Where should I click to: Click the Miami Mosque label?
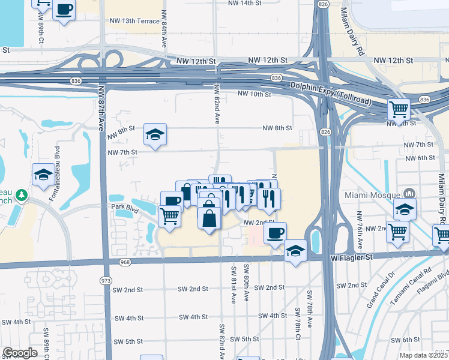pos(370,195)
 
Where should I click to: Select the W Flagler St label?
pos(352,257)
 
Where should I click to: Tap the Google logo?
pos(20,353)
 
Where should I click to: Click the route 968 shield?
pos(124,262)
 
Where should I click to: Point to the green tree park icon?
pos(22,195)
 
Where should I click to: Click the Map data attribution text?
pos(423,355)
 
